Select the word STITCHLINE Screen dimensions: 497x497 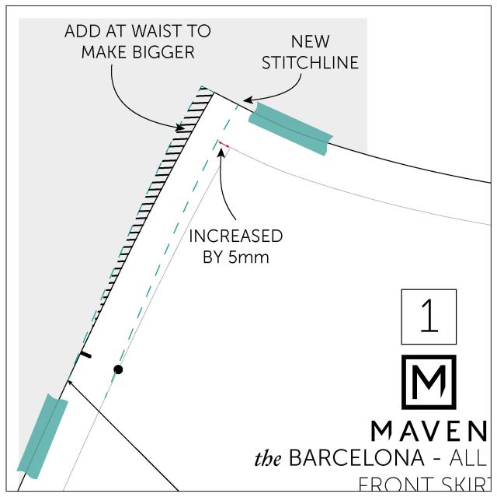tap(310, 62)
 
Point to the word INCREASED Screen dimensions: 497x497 tap(235, 236)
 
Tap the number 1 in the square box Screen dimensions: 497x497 tap(429, 317)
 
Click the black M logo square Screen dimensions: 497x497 tap(429, 382)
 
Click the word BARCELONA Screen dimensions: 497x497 tap(366, 457)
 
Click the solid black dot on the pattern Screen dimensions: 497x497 tap(118, 369)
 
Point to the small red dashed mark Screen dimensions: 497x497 tap(224, 144)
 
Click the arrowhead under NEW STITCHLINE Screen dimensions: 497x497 tap(245, 100)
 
